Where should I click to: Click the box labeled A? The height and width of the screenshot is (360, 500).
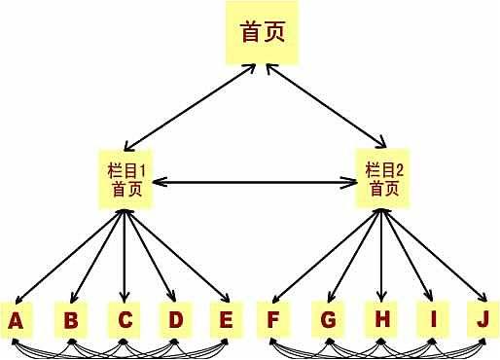(17, 319)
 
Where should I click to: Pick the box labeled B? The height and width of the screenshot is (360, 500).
(71, 319)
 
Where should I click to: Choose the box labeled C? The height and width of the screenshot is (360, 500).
(125, 319)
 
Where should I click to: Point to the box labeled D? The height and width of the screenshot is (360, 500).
(175, 319)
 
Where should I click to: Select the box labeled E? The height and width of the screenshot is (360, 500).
(227, 319)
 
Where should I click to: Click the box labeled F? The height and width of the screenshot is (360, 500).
(272, 319)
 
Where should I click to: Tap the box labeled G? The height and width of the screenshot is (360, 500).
(328, 319)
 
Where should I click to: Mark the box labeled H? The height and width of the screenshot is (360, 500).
(380, 319)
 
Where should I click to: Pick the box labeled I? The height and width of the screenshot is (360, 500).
(430, 319)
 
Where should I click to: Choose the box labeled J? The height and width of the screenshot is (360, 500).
(482, 319)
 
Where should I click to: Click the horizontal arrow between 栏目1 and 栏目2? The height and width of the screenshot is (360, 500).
(255, 181)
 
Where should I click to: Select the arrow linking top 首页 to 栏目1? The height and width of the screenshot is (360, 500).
(195, 107)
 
